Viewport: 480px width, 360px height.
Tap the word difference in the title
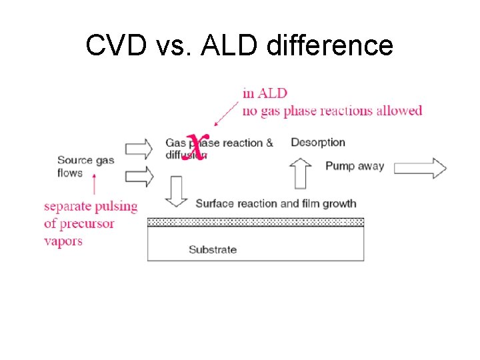pos(331,45)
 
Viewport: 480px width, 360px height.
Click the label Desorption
pos(318,142)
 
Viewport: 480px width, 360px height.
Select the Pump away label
pos(355,166)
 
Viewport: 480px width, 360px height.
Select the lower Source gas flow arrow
pos(139,176)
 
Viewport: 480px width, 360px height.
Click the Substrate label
pos(213,250)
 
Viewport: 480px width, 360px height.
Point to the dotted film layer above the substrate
pos(255,222)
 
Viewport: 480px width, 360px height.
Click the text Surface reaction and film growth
pos(276,203)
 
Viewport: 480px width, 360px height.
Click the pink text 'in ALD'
pos(265,93)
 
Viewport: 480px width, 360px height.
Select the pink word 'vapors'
pos(63,241)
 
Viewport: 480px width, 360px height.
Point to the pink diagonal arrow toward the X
pos(227,112)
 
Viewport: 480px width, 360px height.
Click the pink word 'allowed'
pos(401,111)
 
